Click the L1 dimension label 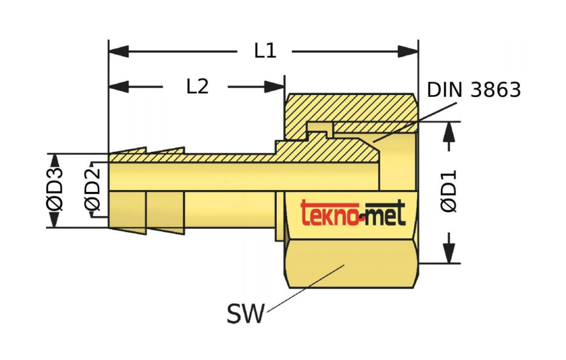(x=264, y=51)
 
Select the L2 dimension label (x=197, y=86)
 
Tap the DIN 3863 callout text (x=473, y=89)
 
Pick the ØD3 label (x=56, y=190)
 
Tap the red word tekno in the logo (x=329, y=214)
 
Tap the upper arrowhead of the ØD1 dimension (x=450, y=131)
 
